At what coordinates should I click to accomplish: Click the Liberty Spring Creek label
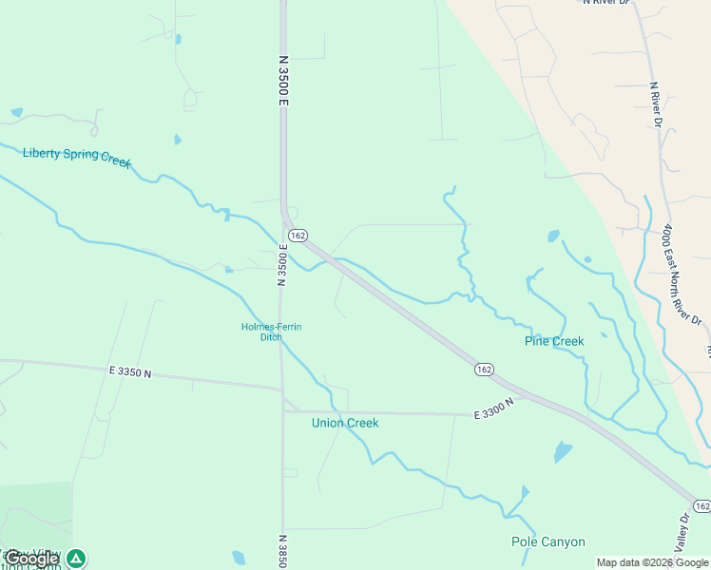[x=76, y=155]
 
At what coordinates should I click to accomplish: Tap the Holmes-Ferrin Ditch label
[x=271, y=332]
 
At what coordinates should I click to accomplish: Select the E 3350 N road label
[x=130, y=372]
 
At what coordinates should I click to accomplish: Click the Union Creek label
[x=345, y=423]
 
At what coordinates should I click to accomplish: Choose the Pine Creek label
[x=554, y=341]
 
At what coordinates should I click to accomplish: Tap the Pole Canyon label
[x=548, y=542]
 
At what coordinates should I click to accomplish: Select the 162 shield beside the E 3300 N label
[x=484, y=368]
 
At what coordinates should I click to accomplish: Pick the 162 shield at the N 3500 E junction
[x=298, y=235]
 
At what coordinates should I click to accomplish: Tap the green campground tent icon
[x=76, y=559]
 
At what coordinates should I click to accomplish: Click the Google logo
[x=31, y=560]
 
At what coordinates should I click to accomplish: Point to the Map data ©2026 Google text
[x=652, y=562]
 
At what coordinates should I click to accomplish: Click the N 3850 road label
[x=282, y=551]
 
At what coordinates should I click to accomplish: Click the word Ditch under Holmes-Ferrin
[x=271, y=337]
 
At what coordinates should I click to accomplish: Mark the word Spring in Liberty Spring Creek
[x=82, y=155]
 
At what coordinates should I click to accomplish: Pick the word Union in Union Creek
[x=327, y=423]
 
